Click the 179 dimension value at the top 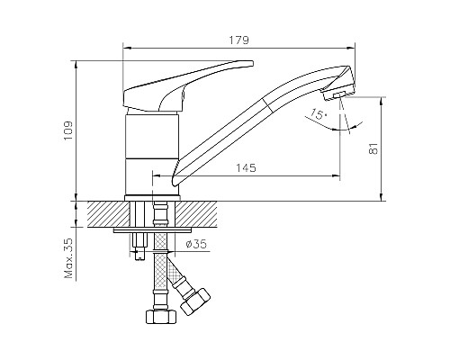[238, 40]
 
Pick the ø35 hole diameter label [200, 242]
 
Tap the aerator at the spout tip [338, 94]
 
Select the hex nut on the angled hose [195, 301]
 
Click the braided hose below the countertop [160, 274]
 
